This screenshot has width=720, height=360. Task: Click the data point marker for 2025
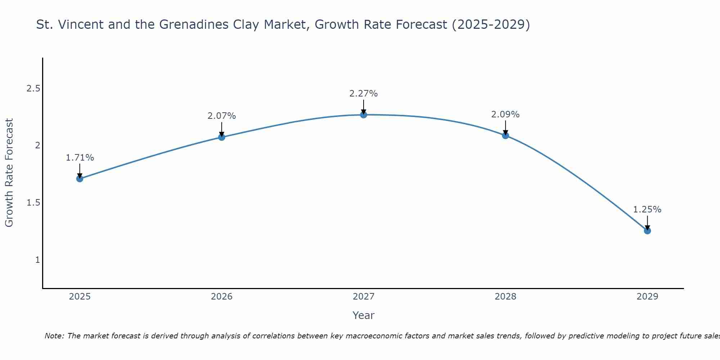(x=80, y=179)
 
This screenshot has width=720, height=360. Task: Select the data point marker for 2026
(x=221, y=137)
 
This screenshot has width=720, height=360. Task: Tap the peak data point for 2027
(x=363, y=115)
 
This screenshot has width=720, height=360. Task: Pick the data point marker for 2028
(x=505, y=135)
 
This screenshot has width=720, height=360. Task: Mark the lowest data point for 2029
(x=647, y=231)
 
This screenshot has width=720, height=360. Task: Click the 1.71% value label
(x=80, y=158)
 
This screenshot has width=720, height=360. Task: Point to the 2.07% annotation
(x=221, y=116)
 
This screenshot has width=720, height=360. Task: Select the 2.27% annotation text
(x=363, y=94)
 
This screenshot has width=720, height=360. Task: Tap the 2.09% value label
(x=505, y=114)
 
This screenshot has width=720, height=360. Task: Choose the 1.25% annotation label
(x=647, y=210)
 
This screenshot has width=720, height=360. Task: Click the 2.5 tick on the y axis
(x=33, y=89)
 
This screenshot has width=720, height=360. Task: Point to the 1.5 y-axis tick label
(x=33, y=203)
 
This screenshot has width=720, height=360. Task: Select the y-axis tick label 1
(x=37, y=260)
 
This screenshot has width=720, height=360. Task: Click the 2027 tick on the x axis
(x=363, y=297)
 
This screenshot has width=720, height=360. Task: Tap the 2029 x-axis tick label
(x=647, y=297)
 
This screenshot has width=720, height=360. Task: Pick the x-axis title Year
(x=363, y=315)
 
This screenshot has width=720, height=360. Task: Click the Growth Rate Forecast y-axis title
(x=9, y=173)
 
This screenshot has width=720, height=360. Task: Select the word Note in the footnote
(x=54, y=336)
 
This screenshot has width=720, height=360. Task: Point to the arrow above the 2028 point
(x=505, y=127)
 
